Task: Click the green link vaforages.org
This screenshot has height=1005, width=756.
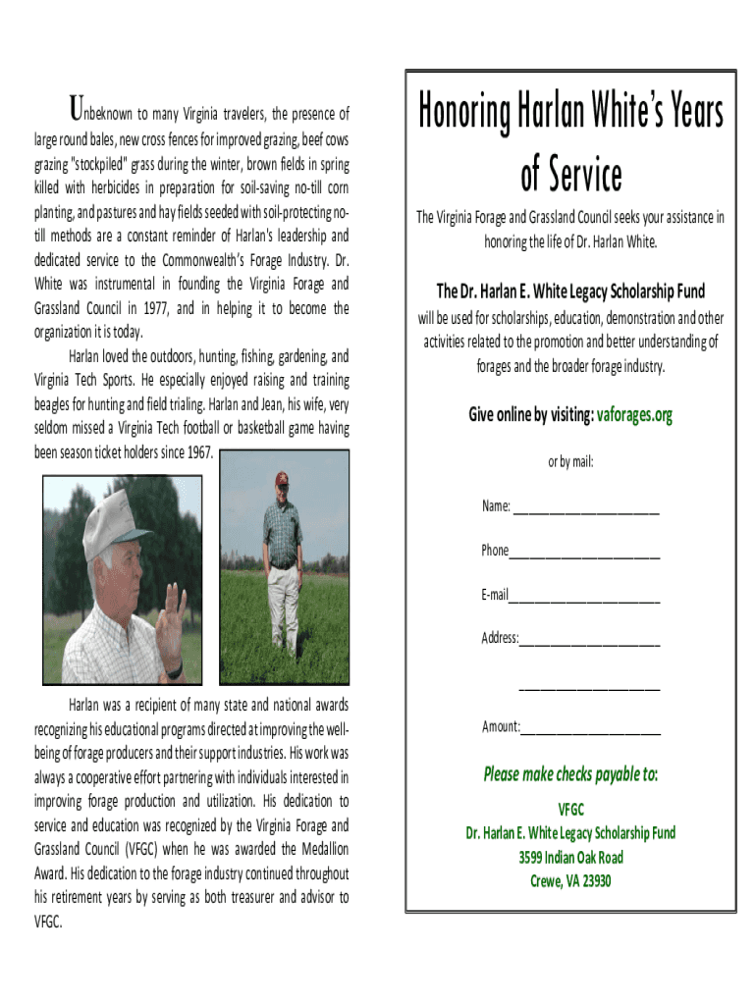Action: coord(634,415)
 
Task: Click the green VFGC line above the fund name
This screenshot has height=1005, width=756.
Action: coord(570,810)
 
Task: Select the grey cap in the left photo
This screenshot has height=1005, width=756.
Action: coord(107,515)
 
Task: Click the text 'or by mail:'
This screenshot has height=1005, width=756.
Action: coord(570,461)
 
